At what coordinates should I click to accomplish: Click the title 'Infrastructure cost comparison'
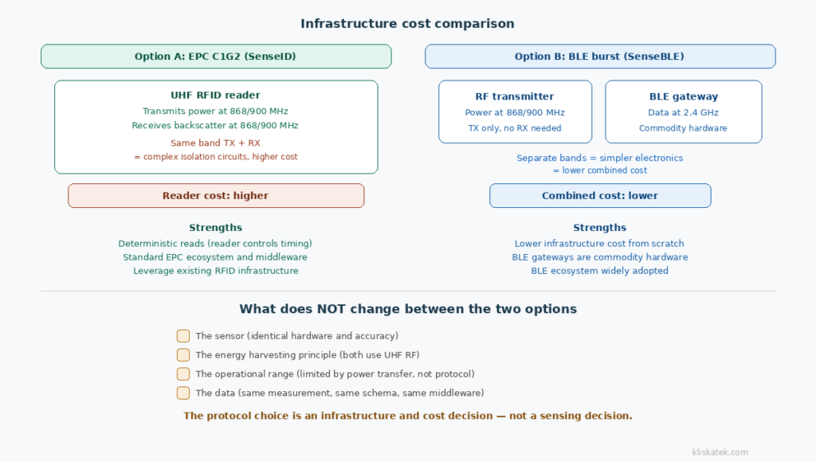(x=407, y=23)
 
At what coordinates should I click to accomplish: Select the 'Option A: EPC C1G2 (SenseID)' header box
(x=216, y=57)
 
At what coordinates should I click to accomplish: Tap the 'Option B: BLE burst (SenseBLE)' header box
(x=599, y=57)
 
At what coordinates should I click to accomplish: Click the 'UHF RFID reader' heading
(x=215, y=96)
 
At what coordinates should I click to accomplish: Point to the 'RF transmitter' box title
(x=514, y=96)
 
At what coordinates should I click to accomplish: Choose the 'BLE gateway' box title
(x=683, y=96)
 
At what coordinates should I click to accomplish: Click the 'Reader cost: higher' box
(x=215, y=195)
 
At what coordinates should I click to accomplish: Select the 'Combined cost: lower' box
(x=599, y=195)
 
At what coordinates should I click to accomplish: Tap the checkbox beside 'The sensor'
(x=183, y=336)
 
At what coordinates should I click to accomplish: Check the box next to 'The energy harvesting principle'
(x=183, y=355)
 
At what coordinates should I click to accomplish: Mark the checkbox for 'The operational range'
(x=183, y=374)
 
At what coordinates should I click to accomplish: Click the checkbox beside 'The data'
(x=183, y=393)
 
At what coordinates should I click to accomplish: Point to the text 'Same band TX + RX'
(x=215, y=143)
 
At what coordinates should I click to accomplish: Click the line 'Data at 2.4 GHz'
(x=683, y=113)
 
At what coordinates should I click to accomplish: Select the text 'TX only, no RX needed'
(x=514, y=128)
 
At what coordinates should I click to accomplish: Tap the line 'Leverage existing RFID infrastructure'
(x=215, y=271)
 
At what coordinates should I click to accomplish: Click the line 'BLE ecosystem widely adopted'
(x=599, y=271)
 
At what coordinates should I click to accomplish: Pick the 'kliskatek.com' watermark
(x=720, y=452)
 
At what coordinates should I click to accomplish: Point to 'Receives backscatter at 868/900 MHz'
(x=215, y=126)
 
